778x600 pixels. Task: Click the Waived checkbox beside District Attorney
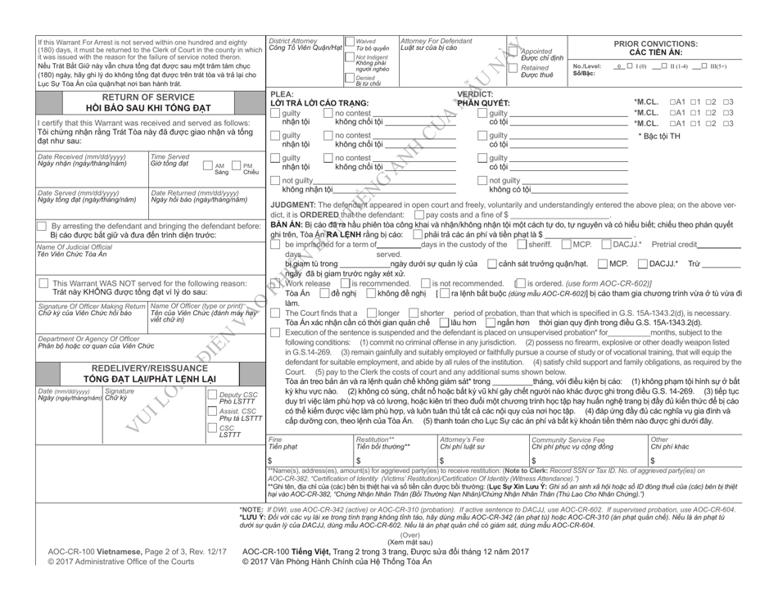(x=351, y=41)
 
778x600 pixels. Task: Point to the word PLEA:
(x=281, y=92)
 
